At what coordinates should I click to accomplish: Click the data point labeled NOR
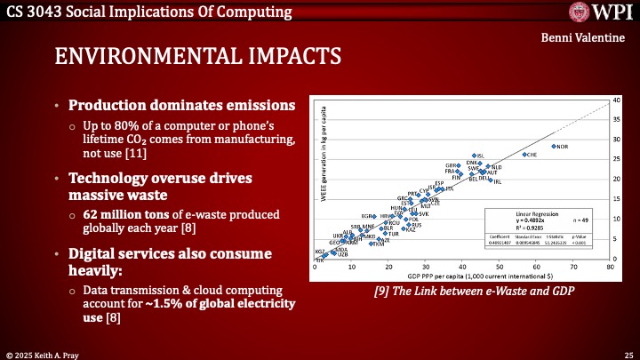(x=554, y=146)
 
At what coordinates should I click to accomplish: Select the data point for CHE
(x=524, y=154)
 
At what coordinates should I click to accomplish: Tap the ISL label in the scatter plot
(x=481, y=156)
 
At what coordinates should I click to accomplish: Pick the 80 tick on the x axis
(x=611, y=267)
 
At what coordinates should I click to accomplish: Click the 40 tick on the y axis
(x=617, y=100)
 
